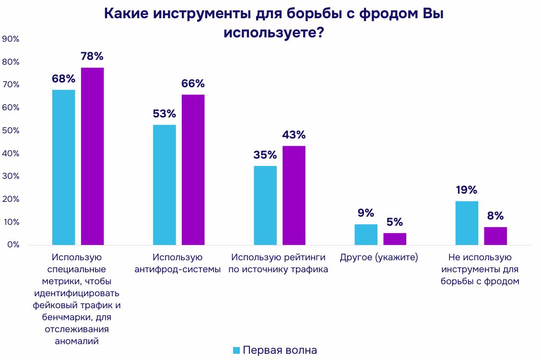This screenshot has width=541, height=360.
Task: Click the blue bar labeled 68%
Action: pos(63,167)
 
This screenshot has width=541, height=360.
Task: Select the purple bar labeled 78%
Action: pos(92,156)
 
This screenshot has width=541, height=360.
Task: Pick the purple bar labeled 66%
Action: pos(193,170)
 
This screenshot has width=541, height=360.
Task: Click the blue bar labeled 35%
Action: pos(265,205)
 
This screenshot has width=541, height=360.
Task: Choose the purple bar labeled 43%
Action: pos(294,195)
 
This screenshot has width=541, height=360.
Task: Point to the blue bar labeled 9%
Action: pos(365,234)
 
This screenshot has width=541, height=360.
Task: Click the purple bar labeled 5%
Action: pos(394,239)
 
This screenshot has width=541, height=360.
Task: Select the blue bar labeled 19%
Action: pos(466,223)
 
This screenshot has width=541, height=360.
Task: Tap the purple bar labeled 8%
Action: pos(495,236)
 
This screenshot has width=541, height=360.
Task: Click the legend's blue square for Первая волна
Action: pos(236,350)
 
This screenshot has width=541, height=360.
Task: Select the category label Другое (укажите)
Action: pos(379,257)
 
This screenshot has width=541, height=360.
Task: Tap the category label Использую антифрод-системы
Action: pos(177,263)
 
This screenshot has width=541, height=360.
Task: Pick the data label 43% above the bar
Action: pos(294,135)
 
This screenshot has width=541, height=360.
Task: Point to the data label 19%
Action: pos(466,190)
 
